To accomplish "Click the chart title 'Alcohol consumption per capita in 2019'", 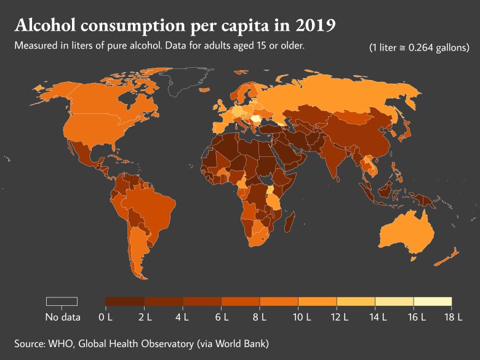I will point(175,26).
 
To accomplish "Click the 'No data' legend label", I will point(62,318).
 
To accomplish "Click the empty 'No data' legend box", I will point(62,301).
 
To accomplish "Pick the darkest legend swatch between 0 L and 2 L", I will point(125,301).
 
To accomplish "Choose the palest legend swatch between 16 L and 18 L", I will point(433,301).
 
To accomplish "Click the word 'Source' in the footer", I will point(30,343).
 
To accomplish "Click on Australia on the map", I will point(409,234).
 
